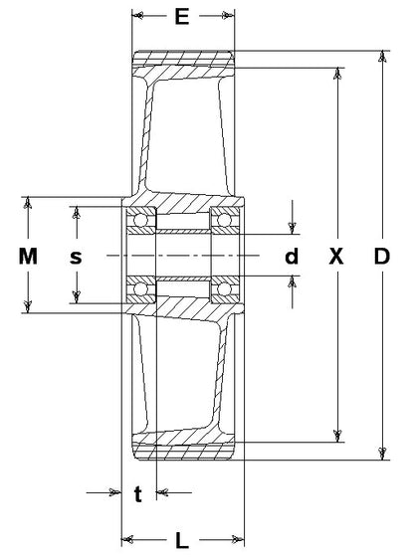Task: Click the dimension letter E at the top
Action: (x=182, y=16)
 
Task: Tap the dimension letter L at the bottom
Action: (x=182, y=540)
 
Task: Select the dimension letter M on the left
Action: (x=28, y=257)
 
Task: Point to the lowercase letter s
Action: (x=76, y=257)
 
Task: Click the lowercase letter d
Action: (x=292, y=256)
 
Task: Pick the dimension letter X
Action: (x=336, y=257)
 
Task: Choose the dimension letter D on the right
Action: (x=381, y=257)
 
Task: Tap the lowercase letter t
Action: (x=138, y=494)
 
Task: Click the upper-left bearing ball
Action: (x=140, y=220)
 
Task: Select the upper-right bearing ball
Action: (x=224, y=220)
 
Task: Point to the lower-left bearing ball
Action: (x=140, y=288)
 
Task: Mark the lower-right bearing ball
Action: (x=224, y=288)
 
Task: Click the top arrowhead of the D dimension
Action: (x=382, y=57)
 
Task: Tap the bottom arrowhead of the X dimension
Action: (x=337, y=436)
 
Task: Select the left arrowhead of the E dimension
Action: (x=137, y=16)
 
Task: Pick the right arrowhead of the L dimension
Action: (x=238, y=539)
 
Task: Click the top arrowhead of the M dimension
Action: (x=28, y=203)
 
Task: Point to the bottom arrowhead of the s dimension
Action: (x=76, y=297)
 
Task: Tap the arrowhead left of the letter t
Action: (x=115, y=492)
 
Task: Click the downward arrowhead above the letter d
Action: (x=293, y=228)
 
